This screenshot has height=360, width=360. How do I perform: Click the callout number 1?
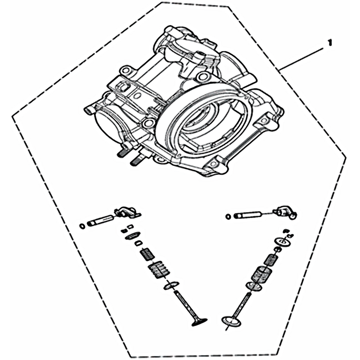330,43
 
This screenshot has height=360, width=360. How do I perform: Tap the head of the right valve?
232,321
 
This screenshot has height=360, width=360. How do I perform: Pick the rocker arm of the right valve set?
284,212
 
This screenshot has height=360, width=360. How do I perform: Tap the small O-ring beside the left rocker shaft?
82,226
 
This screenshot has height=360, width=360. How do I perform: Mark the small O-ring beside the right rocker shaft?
228,216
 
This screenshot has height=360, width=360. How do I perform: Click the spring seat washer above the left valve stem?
171,285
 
